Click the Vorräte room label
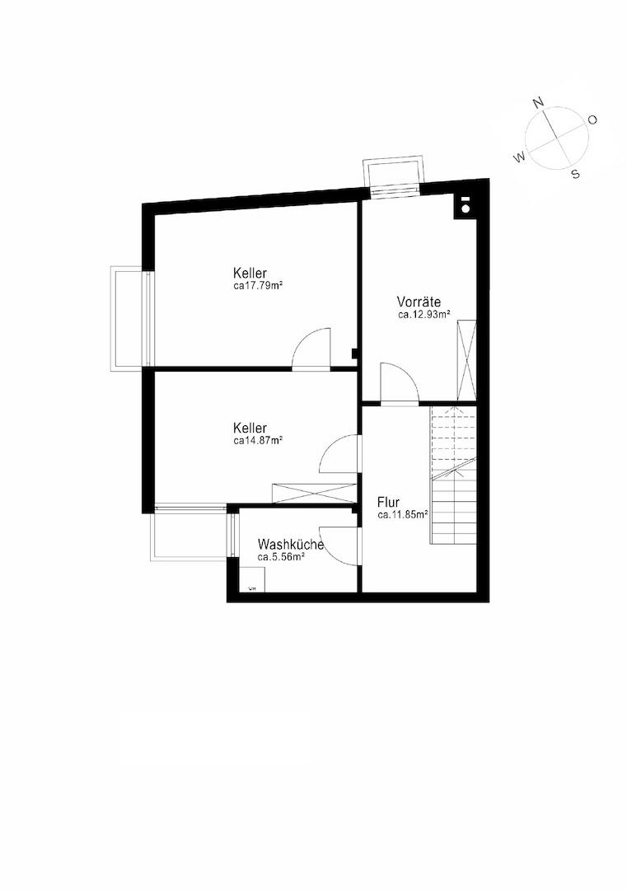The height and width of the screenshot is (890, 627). coord(419,302)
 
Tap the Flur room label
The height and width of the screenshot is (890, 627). coord(388,503)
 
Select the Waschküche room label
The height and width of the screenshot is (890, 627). coord(291,545)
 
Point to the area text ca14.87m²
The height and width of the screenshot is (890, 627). coord(258,440)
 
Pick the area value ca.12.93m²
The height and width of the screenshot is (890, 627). coord(423,314)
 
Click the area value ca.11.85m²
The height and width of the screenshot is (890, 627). coord(402,515)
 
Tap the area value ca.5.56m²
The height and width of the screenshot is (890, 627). coord(282,557)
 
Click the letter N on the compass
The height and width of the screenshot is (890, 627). coord(539,102)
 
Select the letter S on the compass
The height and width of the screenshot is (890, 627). coord(575,174)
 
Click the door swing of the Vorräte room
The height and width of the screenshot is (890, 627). coord(399,382)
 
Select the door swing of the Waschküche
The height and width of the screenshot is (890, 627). coord(339,546)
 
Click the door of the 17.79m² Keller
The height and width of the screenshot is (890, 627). coord(311,349)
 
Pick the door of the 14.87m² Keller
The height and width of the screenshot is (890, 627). coord(339,454)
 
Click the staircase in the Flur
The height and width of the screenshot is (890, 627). coord(453,475)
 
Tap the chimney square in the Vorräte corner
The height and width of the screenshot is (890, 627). coord(465,205)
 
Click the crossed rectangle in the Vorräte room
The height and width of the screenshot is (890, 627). coord(466,360)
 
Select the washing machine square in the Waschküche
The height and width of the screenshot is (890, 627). coord(250,580)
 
